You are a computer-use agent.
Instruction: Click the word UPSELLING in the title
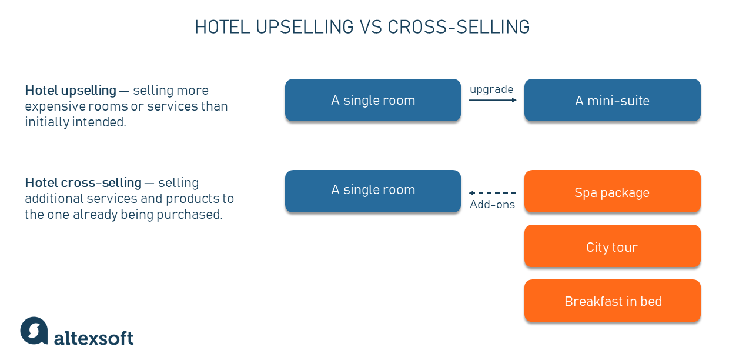tap(305, 27)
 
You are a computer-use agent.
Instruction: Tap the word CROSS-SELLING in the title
tap(459, 27)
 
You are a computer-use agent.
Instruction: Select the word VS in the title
tap(371, 27)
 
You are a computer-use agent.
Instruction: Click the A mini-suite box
tap(613, 100)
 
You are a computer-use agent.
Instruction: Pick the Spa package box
tap(613, 191)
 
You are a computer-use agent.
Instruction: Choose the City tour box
tap(613, 246)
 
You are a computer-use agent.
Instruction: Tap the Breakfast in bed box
tap(613, 301)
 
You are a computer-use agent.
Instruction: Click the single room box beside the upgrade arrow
tap(373, 100)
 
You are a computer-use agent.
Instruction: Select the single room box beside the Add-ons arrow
tap(373, 191)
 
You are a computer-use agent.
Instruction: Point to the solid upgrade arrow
tap(493, 100)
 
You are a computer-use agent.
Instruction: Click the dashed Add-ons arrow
tap(493, 193)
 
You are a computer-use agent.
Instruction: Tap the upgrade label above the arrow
tap(491, 89)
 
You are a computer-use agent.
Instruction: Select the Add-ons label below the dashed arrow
tap(492, 204)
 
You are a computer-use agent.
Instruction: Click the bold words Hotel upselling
tap(71, 91)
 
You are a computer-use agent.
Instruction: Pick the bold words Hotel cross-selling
tap(83, 183)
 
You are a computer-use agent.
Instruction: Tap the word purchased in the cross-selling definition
tap(189, 215)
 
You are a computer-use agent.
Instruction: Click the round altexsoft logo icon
tap(34, 331)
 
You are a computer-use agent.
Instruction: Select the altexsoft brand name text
tap(93, 338)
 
